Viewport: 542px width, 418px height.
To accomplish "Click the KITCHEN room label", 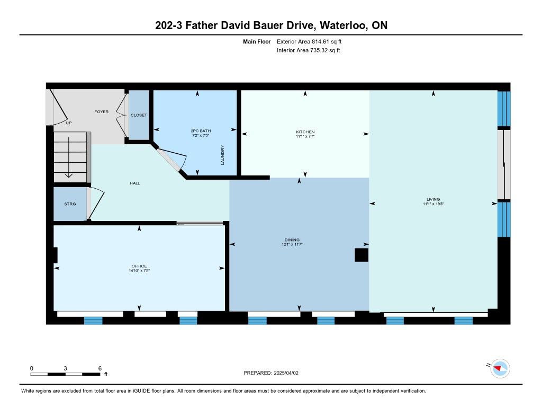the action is click(x=305, y=132).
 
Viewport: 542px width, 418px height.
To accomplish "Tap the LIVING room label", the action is click(x=433, y=199).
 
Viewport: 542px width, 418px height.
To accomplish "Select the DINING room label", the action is click(x=292, y=239).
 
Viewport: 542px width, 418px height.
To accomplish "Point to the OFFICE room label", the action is click(x=139, y=266).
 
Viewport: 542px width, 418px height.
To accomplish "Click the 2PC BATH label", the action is click(x=201, y=131).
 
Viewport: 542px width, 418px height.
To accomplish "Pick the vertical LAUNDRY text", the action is click(x=223, y=155).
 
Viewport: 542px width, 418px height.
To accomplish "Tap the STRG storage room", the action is click(x=70, y=204).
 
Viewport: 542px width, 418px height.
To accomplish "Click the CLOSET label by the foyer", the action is click(x=139, y=115).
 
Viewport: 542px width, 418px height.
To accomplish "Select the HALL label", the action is click(x=135, y=183).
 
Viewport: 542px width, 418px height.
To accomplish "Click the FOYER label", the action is click(x=101, y=112).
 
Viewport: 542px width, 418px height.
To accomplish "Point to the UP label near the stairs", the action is click(x=69, y=123).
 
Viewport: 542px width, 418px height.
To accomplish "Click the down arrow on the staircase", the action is click(x=69, y=157).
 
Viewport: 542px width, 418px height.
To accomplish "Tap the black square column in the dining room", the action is click(x=362, y=255).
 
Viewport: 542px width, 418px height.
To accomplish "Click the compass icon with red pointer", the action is click(x=500, y=369).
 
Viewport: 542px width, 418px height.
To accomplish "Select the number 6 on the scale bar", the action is click(x=100, y=368).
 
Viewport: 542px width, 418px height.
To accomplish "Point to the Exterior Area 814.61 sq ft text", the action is click(x=309, y=41).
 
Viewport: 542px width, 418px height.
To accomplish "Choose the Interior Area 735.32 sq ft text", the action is click(x=309, y=50).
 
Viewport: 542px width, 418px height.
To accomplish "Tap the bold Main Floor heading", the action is click(x=257, y=41).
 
